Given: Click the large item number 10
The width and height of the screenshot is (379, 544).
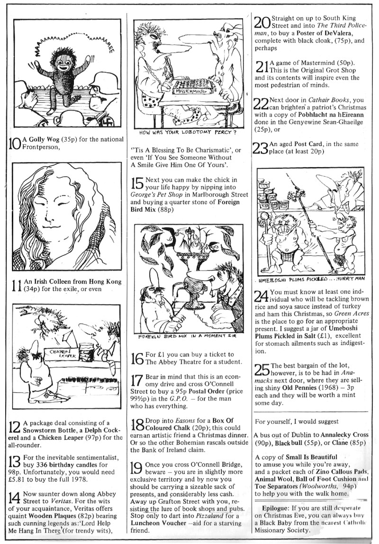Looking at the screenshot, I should pyautogui.click(x=15, y=143).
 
